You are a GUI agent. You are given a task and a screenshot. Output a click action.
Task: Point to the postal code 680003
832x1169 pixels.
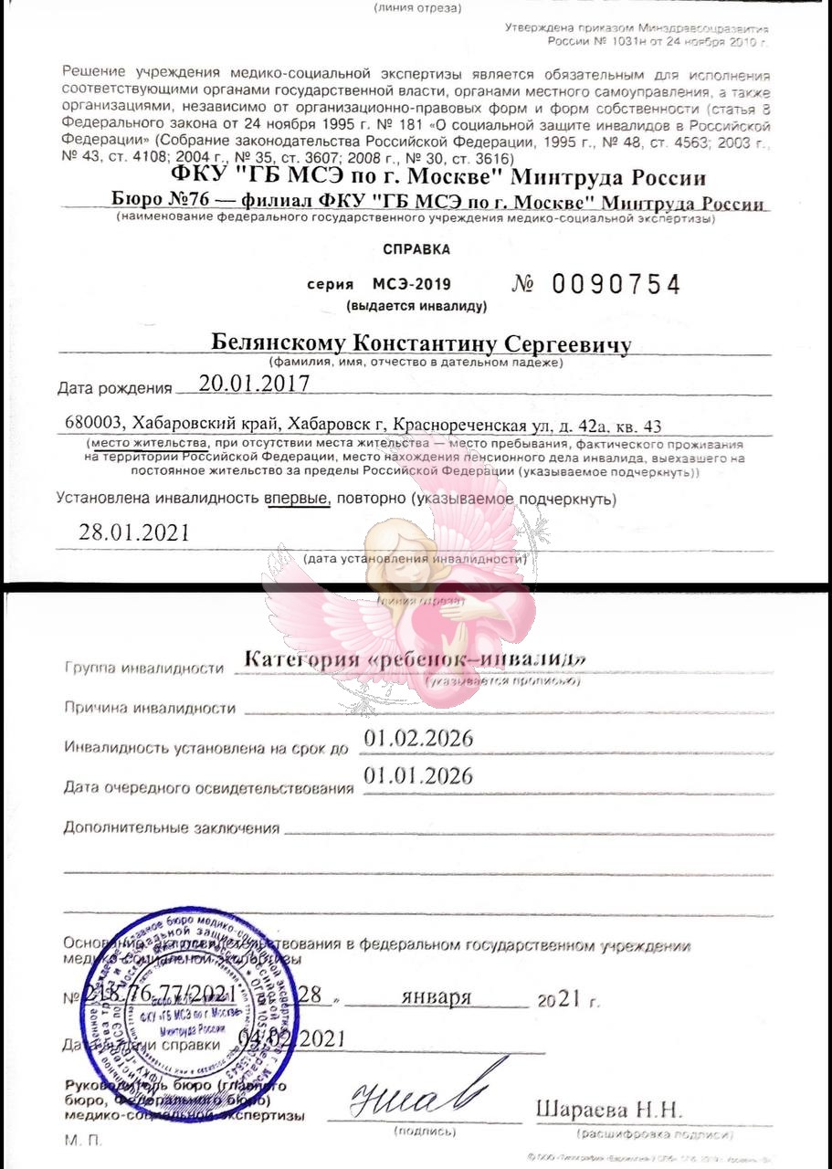[x=95, y=425]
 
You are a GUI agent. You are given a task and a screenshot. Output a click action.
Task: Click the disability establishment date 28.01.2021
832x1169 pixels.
[x=134, y=532]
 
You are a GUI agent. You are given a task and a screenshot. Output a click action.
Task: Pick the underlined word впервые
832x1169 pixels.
[x=297, y=500]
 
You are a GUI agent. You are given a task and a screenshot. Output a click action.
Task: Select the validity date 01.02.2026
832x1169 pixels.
[x=418, y=739]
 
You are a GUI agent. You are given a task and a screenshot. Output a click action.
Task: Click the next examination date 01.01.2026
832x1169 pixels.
[x=418, y=776]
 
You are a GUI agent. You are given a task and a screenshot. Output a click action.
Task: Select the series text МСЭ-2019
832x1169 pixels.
[x=411, y=285]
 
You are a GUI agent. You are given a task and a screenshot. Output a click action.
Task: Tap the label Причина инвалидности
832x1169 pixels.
[x=150, y=708]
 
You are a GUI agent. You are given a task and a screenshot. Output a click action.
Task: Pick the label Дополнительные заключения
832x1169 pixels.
[x=171, y=828]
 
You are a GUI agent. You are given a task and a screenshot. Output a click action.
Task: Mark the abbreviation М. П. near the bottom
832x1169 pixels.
[x=84, y=1141]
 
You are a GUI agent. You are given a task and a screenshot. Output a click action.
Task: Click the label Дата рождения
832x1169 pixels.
[x=114, y=388]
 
